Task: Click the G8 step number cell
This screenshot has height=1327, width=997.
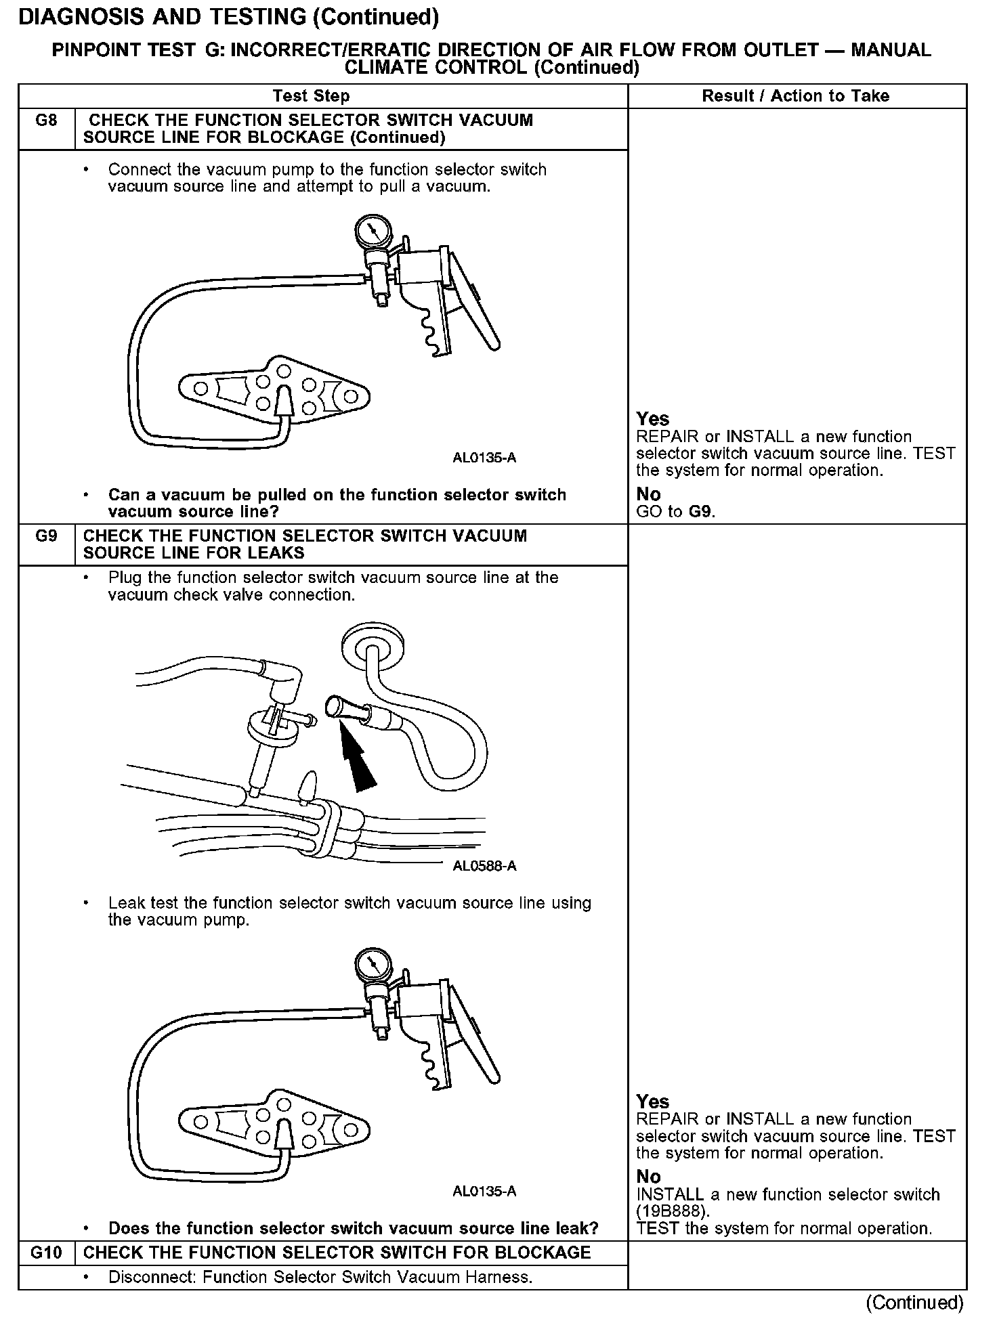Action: pyautogui.click(x=46, y=121)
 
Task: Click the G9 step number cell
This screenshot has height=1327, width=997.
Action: pyautogui.click(x=46, y=537)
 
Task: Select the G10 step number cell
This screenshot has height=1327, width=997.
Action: pyautogui.click(x=46, y=1253)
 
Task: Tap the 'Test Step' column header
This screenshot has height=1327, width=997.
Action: pyautogui.click(x=311, y=96)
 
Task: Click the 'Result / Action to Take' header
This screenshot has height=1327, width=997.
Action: pyautogui.click(x=795, y=96)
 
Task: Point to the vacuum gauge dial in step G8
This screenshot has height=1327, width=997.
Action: pyautogui.click(x=372, y=232)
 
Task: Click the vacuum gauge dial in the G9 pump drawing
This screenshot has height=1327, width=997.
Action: pyautogui.click(x=372, y=966)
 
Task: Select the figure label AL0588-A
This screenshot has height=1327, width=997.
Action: pyautogui.click(x=484, y=866)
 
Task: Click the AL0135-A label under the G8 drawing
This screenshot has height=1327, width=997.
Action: pyautogui.click(x=484, y=458)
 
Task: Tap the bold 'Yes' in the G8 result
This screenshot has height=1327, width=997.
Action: pyautogui.click(x=652, y=419)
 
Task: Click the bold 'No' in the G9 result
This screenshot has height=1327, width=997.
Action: pyautogui.click(x=648, y=1177)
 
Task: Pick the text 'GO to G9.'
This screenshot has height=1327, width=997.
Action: pyautogui.click(x=675, y=512)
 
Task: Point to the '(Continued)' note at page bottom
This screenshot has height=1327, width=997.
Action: pyautogui.click(x=914, y=1303)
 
